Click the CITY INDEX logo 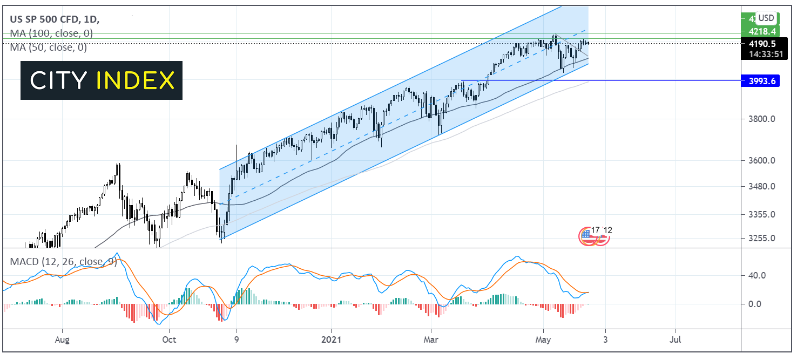[102, 80]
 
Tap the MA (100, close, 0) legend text [51, 33]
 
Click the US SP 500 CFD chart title [45, 19]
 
